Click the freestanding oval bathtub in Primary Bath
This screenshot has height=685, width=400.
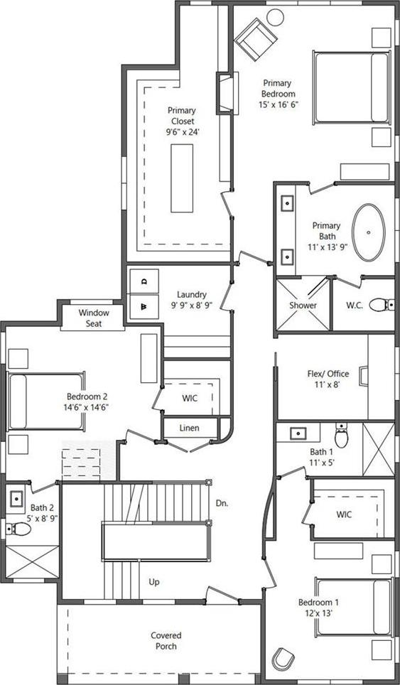pyautogui.click(x=369, y=232)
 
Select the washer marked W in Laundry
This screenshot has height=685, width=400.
pyautogui.click(x=144, y=307)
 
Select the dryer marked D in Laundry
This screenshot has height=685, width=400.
pyautogui.click(x=144, y=281)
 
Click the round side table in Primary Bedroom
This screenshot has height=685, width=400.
pyautogui.click(x=275, y=17)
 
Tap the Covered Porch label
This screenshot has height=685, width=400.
pyautogui.click(x=166, y=640)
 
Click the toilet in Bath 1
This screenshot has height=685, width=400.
pyautogui.click(x=341, y=436)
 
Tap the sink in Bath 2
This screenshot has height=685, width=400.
pyautogui.click(x=16, y=500)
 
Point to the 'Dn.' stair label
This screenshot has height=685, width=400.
pyautogui.click(x=222, y=502)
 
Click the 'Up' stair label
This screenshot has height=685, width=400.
pyautogui.click(x=153, y=581)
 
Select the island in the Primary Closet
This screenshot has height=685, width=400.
pyautogui.click(x=182, y=178)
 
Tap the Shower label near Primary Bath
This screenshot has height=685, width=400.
pyautogui.click(x=303, y=305)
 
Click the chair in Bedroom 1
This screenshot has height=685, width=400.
pyautogui.click(x=283, y=658)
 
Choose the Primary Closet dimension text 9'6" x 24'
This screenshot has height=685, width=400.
pyautogui.click(x=182, y=131)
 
